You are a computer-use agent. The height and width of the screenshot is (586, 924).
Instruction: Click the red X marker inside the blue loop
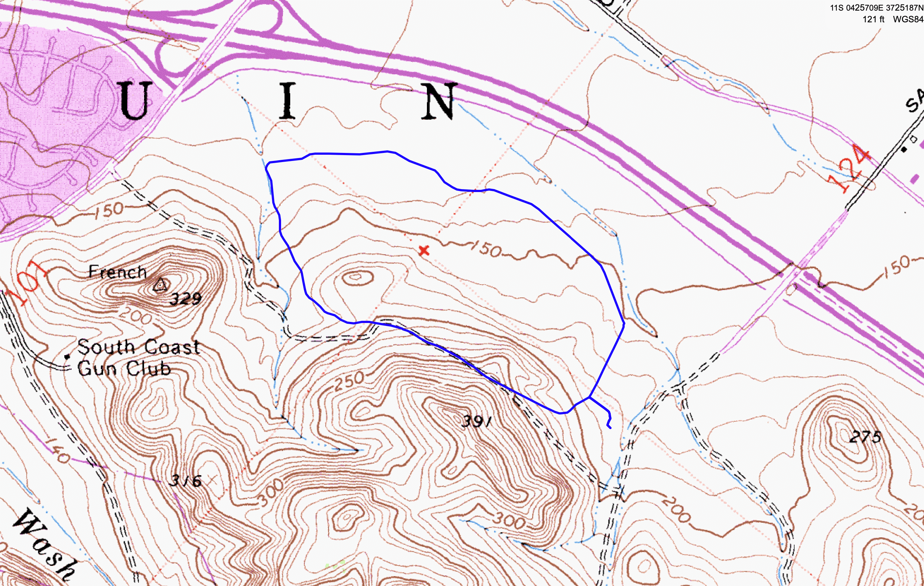click(424, 251)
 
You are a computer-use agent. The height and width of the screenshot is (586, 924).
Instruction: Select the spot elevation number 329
click(186, 298)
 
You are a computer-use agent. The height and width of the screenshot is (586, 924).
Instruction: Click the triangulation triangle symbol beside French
click(160, 285)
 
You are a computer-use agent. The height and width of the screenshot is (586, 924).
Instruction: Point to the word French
click(117, 272)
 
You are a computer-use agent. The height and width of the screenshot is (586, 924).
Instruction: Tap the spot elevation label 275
click(865, 437)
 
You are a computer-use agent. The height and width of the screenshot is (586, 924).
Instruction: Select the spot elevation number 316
click(186, 481)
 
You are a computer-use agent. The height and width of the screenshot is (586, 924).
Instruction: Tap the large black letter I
click(287, 101)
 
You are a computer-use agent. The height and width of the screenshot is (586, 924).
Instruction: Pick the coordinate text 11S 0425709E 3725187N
click(876, 8)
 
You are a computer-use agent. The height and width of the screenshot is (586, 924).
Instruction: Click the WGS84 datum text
click(908, 19)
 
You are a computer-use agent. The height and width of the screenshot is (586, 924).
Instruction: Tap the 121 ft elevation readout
click(873, 19)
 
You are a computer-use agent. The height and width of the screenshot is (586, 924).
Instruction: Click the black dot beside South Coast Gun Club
click(68, 357)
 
